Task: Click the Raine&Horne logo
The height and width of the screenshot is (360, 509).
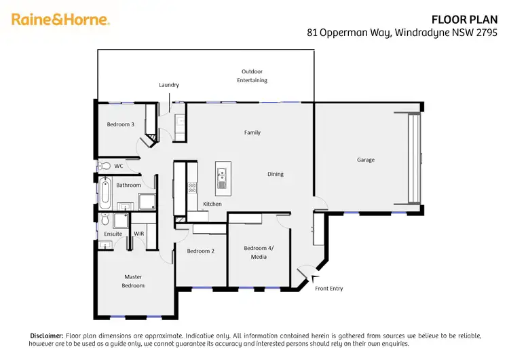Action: click(x=60, y=20)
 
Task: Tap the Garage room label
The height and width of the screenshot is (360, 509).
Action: click(x=366, y=160)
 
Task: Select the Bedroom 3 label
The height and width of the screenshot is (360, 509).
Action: click(x=121, y=124)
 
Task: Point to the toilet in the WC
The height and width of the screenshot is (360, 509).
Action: click(x=104, y=166)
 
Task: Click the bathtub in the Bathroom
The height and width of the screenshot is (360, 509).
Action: click(x=105, y=192)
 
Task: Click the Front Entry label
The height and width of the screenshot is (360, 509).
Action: click(x=329, y=289)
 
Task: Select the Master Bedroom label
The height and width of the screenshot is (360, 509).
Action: click(x=133, y=281)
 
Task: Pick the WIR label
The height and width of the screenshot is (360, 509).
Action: click(x=138, y=234)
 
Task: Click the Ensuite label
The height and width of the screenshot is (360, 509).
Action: click(x=113, y=234)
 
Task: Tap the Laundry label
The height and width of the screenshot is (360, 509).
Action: click(x=169, y=85)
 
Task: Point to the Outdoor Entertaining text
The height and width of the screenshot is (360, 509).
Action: click(x=252, y=76)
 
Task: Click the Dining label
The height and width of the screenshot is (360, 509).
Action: click(x=275, y=175)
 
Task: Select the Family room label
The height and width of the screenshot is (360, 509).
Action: click(x=252, y=133)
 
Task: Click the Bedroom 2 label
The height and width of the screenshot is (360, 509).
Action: click(x=201, y=251)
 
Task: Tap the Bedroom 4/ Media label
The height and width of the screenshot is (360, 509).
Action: click(x=259, y=253)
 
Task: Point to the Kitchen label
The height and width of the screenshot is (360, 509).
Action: click(x=212, y=204)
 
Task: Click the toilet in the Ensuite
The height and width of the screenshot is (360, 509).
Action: click(x=104, y=220)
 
